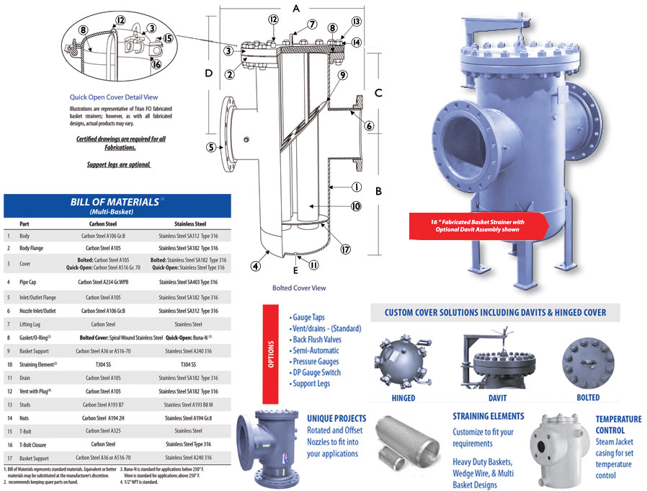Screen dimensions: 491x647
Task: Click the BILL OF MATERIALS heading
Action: click(x=115, y=202)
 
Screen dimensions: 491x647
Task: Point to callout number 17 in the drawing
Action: click(x=346, y=249)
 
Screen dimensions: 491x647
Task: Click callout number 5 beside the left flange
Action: click(x=211, y=148)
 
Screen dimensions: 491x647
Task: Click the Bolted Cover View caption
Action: click(x=299, y=288)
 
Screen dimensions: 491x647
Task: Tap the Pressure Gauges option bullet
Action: click(x=320, y=361)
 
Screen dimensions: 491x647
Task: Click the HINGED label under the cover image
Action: click(x=403, y=398)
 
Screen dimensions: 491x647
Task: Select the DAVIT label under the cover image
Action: click(x=497, y=398)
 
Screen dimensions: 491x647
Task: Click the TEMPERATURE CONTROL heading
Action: click(x=617, y=424)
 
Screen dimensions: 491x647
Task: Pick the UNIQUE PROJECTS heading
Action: click(x=336, y=418)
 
